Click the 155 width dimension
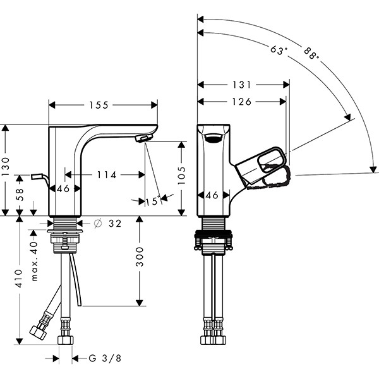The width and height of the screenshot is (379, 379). click(102, 105)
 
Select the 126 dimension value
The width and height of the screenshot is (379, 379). click(240, 101)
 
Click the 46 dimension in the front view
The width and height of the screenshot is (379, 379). click(63, 188)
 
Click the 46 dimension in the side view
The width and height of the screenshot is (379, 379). click(212, 195)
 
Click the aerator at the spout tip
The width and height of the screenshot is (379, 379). click(145, 137)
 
